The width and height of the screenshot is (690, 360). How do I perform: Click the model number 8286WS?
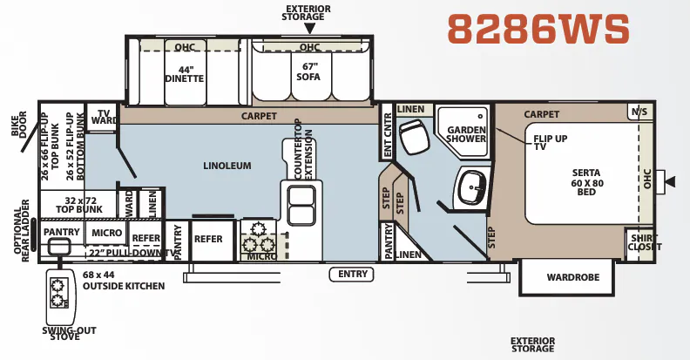[538, 29]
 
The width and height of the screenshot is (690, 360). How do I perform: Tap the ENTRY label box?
[352, 275]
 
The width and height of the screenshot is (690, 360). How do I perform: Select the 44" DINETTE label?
[185, 74]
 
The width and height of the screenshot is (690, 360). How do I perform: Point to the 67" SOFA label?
[309, 71]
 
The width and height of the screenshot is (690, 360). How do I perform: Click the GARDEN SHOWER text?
[466, 134]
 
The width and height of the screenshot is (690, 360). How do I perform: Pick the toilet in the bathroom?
[414, 136]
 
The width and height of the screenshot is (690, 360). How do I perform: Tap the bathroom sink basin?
[471, 187]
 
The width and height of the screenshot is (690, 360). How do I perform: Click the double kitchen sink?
[301, 206]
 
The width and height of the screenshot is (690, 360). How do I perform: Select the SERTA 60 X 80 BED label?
[586, 182]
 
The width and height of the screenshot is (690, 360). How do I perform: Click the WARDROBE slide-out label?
[573, 277]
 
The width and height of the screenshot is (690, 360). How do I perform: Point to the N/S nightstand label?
[639, 112]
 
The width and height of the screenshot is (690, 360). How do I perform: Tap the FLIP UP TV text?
[550, 142]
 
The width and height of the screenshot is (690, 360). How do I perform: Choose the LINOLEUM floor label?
[227, 166]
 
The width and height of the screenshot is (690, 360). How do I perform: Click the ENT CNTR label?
[387, 134]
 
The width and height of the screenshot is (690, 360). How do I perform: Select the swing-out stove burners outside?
[58, 293]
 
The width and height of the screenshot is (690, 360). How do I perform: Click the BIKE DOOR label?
[19, 124]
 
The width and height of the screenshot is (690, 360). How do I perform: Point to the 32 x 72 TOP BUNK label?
[79, 205]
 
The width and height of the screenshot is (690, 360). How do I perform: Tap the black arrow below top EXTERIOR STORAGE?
[310, 29]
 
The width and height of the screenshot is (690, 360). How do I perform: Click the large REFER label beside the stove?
[208, 239]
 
